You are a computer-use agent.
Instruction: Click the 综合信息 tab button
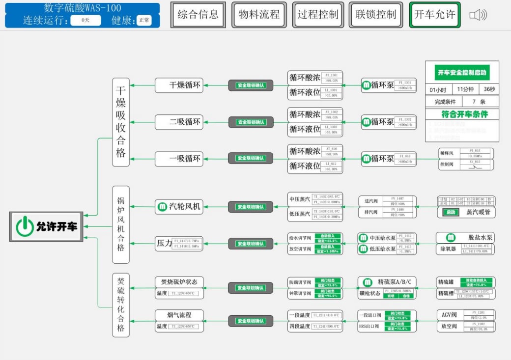[198, 15]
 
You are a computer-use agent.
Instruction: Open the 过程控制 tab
[318, 15]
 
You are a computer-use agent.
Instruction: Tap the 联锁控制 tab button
[376, 15]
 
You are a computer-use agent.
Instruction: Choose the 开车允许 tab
[435, 15]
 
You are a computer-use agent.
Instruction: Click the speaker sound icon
[478, 15]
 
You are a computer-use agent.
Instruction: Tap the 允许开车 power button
[47, 226]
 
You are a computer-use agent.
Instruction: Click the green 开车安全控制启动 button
[462, 73]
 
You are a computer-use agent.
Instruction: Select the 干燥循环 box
[179, 85]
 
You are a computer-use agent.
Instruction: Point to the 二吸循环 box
[179, 122]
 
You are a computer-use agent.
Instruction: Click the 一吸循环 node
[179, 158]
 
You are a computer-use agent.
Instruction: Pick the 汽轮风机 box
[179, 207]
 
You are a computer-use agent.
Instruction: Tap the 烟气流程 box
[179, 315]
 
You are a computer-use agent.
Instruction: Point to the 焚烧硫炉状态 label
[179, 282]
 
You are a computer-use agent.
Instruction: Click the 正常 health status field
[144, 21]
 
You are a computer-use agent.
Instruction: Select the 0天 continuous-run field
[85, 21]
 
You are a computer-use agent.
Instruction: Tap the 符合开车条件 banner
[462, 114]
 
